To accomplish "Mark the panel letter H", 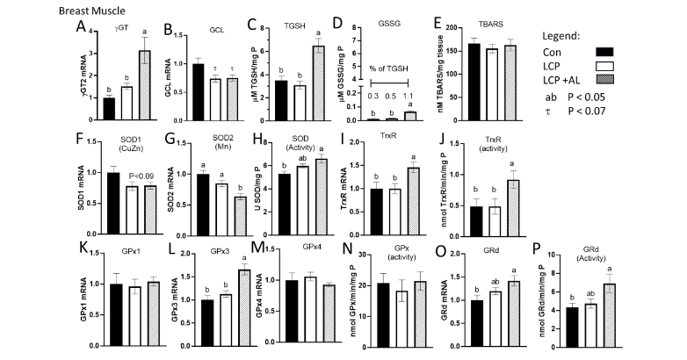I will [x=258, y=142].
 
